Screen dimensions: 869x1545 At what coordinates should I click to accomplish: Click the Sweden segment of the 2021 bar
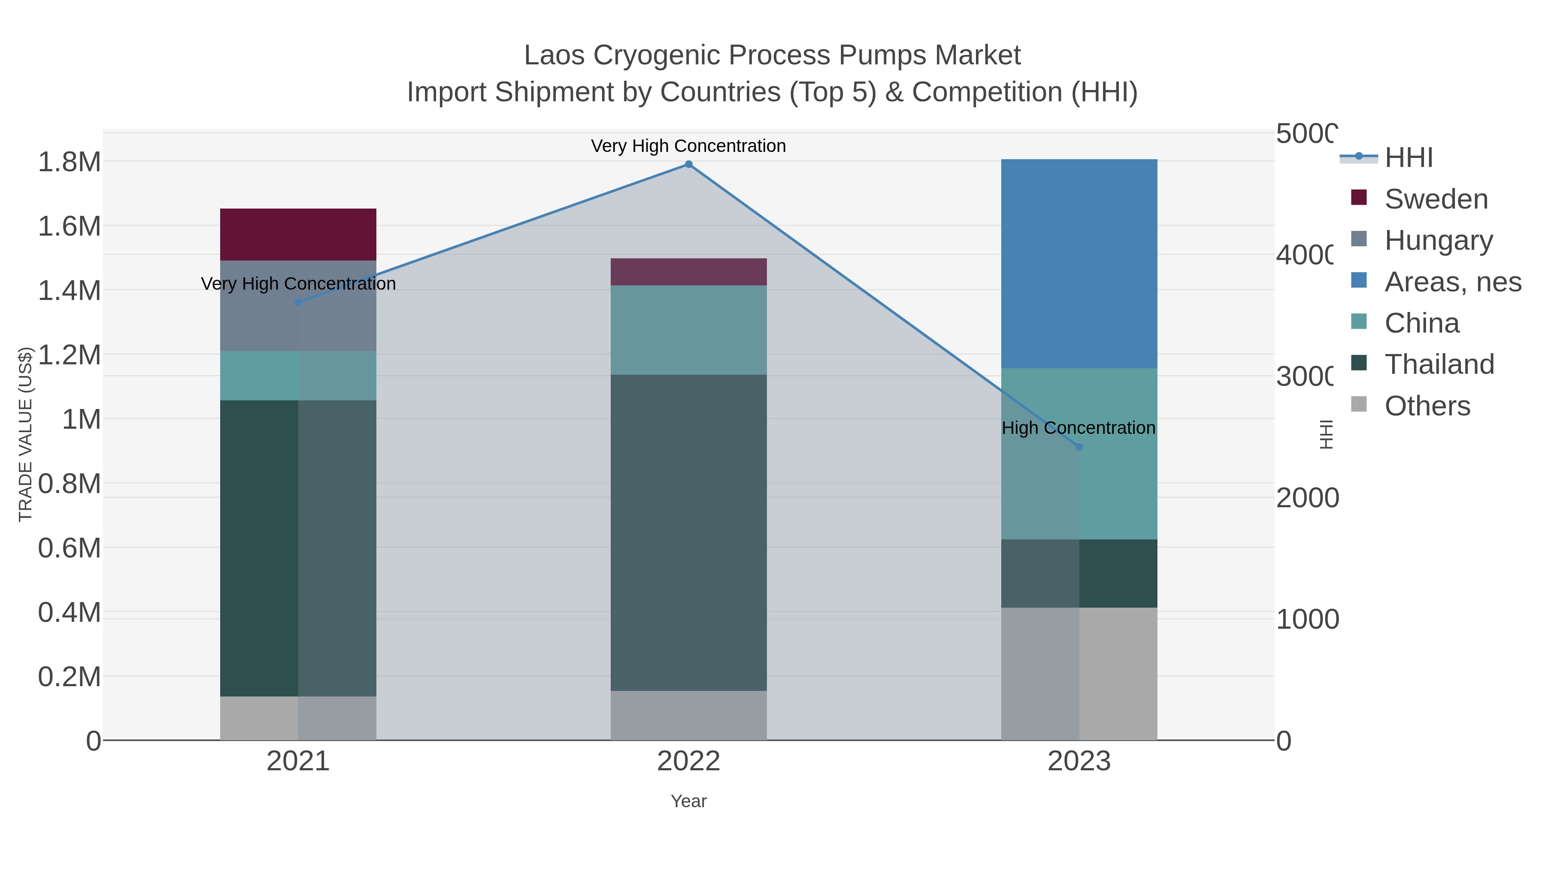tap(298, 234)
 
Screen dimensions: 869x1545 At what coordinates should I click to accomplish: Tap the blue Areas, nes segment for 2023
tap(1079, 264)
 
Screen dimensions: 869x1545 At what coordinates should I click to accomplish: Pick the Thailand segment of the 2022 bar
tap(688, 533)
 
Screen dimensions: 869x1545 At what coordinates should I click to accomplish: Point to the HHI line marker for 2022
tap(688, 164)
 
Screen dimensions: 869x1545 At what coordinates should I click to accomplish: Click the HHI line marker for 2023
tap(1079, 447)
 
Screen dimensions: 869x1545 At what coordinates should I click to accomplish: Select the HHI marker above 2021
tap(298, 302)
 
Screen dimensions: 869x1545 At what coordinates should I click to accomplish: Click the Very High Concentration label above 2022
tap(688, 146)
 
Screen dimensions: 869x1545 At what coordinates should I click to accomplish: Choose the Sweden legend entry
tap(1436, 199)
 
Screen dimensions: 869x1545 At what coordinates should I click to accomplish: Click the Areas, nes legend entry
tap(1452, 282)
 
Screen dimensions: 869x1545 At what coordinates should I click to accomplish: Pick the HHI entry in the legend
tap(1408, 158)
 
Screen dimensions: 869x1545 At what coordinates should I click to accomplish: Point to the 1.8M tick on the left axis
tap(69, 162)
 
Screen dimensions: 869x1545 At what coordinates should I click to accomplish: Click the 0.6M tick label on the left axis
tap(69, 548)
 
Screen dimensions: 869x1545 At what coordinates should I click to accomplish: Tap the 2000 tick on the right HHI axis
tap(1307, 498)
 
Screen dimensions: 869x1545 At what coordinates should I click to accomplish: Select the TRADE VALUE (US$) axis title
tap(25, 434)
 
